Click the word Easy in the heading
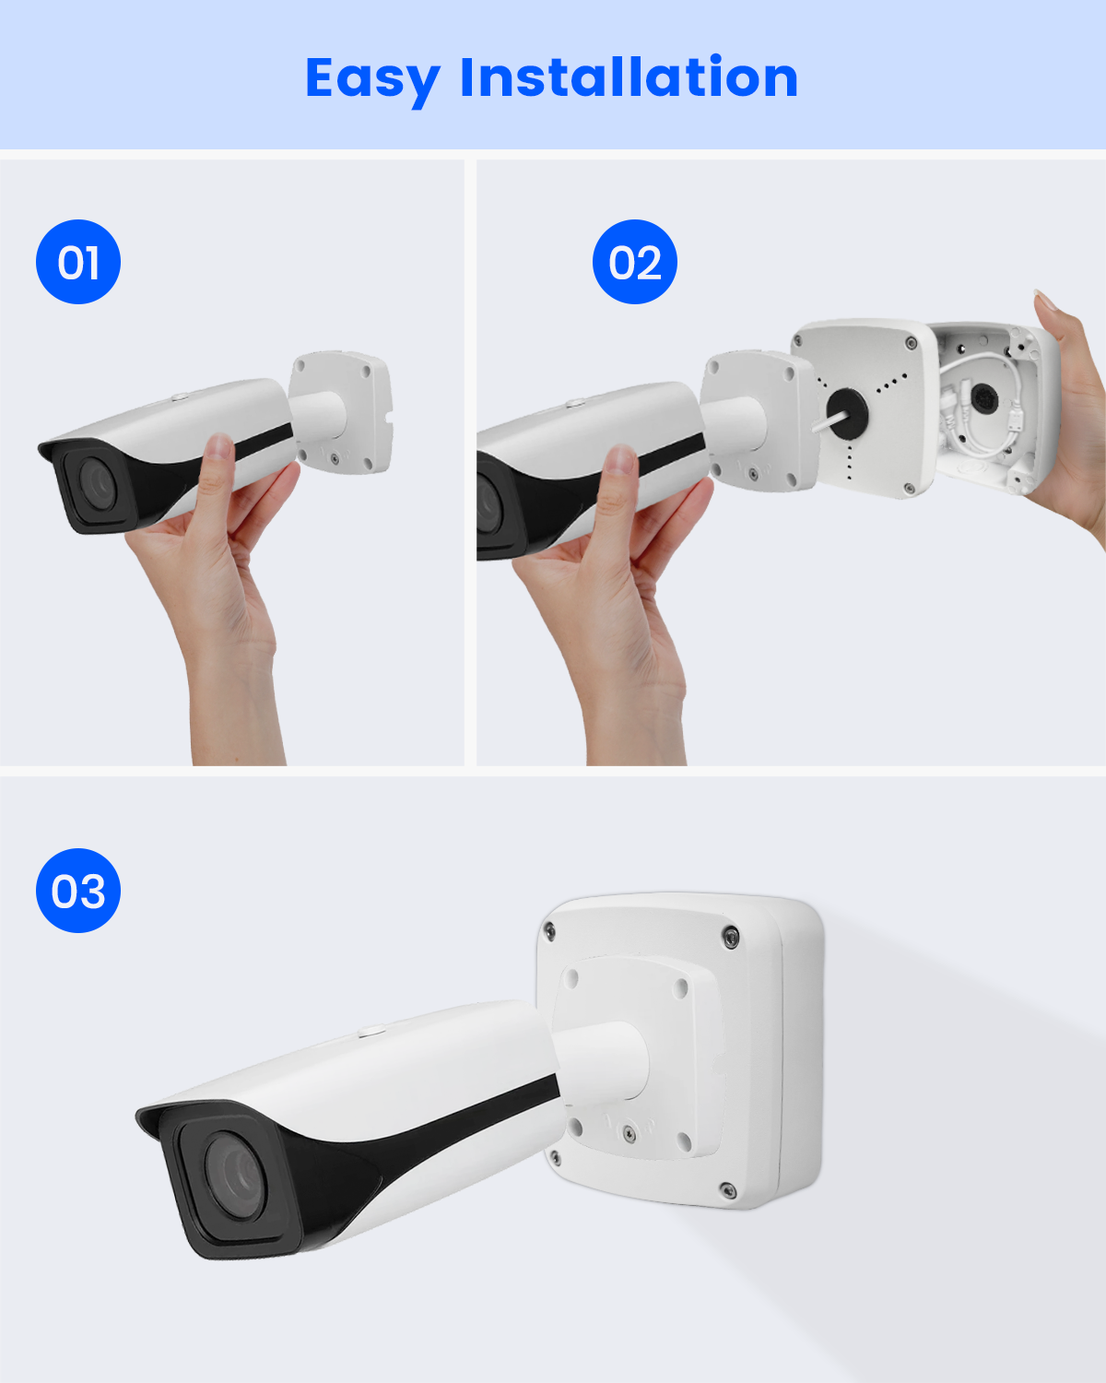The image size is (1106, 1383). [x=372, y=79]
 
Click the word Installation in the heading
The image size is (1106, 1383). [x=629, y=77]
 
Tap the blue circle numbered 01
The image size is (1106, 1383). [x=78, y=262]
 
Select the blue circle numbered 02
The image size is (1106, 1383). [x=634, y=262]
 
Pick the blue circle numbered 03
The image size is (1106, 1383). [x=78, y=890]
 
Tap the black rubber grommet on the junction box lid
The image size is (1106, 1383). [x=847, y=410]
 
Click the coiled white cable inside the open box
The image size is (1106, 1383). [x=977, y=411]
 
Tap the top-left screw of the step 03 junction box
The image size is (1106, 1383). [x=549, y=930]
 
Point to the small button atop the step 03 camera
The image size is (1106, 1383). [x=371, y=1030]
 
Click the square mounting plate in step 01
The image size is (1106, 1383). [x=341, y=412]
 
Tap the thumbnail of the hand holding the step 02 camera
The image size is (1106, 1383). [x=620, y=459]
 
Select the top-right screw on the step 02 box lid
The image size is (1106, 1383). [x=911, y=343]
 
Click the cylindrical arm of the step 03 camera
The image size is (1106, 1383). [x=601, y=1068]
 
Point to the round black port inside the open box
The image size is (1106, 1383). [x=983, y=398]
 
